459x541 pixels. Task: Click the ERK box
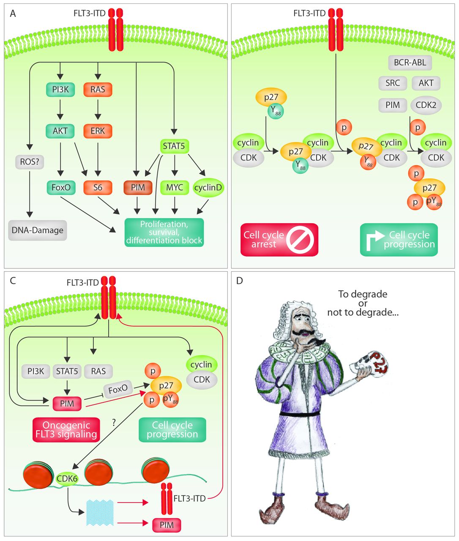pos(98,131)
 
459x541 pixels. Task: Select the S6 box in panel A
pos(98,187)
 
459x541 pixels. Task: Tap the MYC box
pos(175,187)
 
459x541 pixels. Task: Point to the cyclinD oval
pos(208,187)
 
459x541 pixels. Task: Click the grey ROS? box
pos(30,161)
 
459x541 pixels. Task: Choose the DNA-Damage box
pos(38,230)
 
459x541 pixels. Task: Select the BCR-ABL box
pos(410,63)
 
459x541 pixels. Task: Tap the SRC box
pos(393,83)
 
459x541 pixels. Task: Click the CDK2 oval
pos(426,105)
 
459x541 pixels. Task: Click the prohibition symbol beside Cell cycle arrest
pos(300,240)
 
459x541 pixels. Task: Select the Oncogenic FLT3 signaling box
pos(66,429)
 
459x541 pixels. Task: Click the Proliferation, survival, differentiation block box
pos(164,232)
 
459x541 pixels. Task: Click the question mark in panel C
pos(114,422)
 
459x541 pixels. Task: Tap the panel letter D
pos(240,281)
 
